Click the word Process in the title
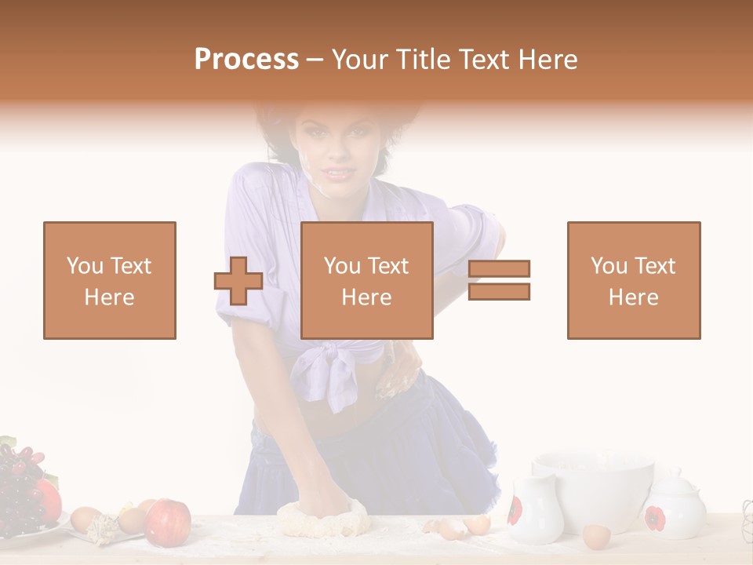246,60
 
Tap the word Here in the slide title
547,60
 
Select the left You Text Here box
110,280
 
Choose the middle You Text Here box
367,280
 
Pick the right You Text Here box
634,280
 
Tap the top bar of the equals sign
500,268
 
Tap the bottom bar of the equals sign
500,292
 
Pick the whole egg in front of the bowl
596,536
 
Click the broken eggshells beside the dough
460,527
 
